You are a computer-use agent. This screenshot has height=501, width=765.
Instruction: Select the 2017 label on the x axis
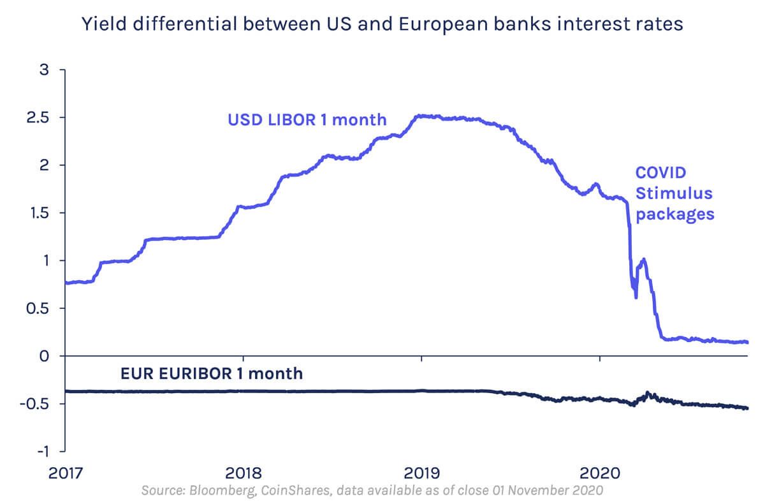pyautogui.click(x=65, y=474)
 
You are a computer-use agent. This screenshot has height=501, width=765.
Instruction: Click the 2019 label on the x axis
pyautogui.click(x=421, y=474)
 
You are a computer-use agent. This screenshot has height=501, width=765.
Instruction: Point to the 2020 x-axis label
pyautogui.click(x=600, y=474)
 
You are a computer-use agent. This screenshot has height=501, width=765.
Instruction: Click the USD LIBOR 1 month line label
pyautogui.click(x=307, y=119)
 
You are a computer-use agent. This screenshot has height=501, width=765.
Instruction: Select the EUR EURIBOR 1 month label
pyautogui.click(x=212, y=373)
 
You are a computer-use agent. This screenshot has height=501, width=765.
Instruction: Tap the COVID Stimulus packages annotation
pyautogui.click(x=674, y=193)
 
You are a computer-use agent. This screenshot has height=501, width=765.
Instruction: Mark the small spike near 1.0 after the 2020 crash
pyautogui.click(x=643, y=259)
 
